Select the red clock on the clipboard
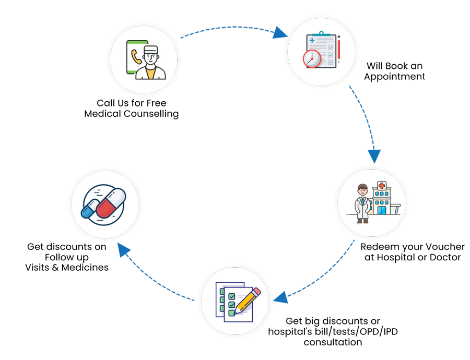tap(312, 58)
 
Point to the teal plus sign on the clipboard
tap(312, 40)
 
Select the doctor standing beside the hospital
tap(363, 203)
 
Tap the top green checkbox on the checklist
tap(231, 296)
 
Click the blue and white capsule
tap(90, 208)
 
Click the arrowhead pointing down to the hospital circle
tap(374, 155)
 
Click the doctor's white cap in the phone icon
tap(151, 49)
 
